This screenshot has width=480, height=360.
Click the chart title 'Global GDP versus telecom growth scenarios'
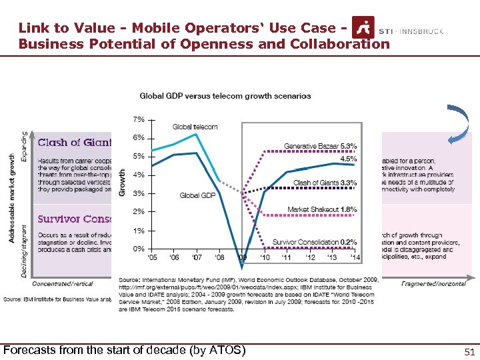(225, 95)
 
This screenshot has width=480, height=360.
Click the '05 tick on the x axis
(153, 257)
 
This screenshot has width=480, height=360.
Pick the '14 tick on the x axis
(355, 257)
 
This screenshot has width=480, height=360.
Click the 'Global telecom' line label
(195, 127)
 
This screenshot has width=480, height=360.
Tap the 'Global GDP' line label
(197, 195)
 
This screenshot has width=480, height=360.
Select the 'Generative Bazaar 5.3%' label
(320, 146)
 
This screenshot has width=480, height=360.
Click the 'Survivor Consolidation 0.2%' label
(315, 242)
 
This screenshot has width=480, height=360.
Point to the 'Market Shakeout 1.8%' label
(322, 209)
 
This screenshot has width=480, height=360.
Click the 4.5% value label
(348, 159)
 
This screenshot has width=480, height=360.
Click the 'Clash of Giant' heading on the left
(74, 142)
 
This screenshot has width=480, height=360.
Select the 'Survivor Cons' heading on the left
(74, 219)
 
